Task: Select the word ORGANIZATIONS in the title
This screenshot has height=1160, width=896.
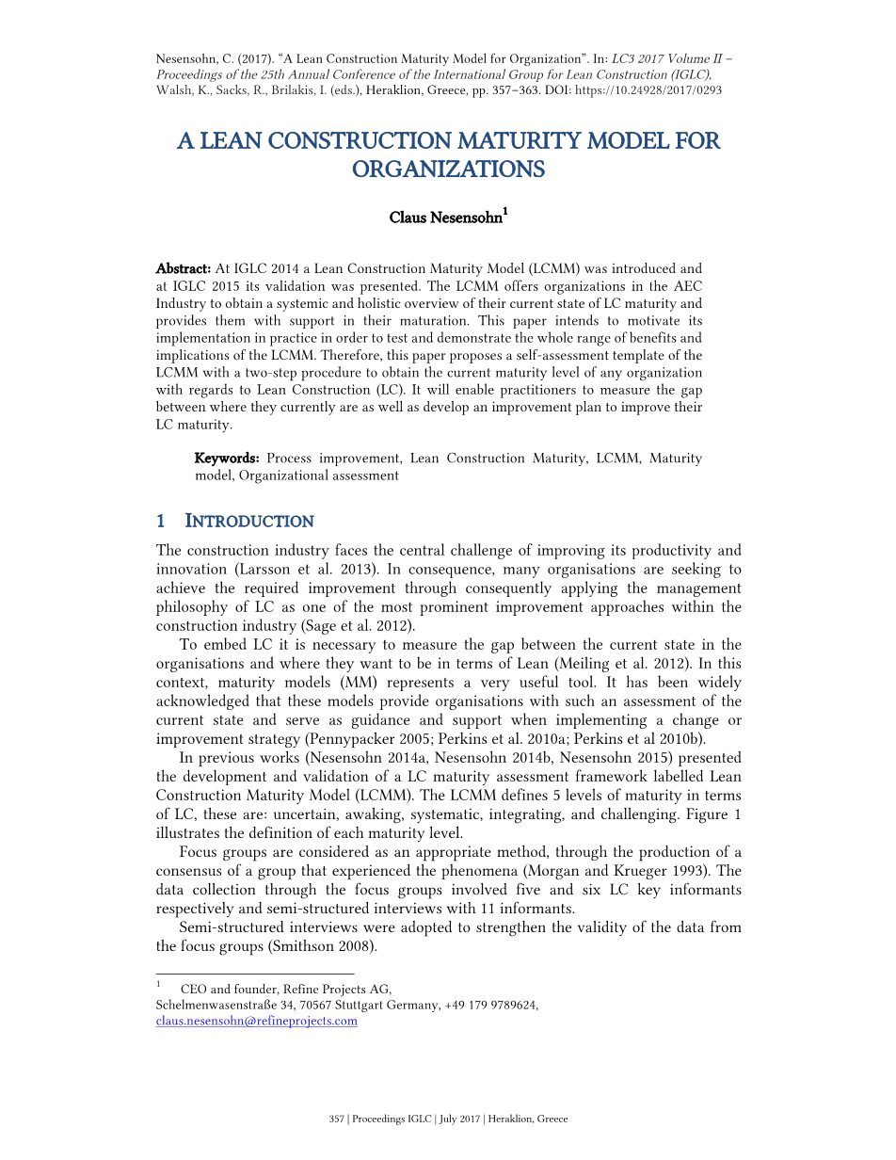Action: click(x=448, y=169)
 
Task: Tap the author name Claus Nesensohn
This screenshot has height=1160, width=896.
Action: click(x=445, y=217)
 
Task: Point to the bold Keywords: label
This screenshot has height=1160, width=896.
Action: click(x=227, y=459)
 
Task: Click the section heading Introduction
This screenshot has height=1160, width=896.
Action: click(x=249, y=522)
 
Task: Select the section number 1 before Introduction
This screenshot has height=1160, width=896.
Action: click(x=161, y=522)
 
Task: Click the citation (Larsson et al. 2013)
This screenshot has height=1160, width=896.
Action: click(x=296, y=570)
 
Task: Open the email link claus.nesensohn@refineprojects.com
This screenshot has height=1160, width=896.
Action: click(x=256, y=1021)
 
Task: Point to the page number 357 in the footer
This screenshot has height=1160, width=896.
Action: click(x=336, y=1120)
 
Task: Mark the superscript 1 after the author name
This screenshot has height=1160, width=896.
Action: click(x=505, y=212)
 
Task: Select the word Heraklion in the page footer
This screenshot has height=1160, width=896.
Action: click(x=511, y=1120)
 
